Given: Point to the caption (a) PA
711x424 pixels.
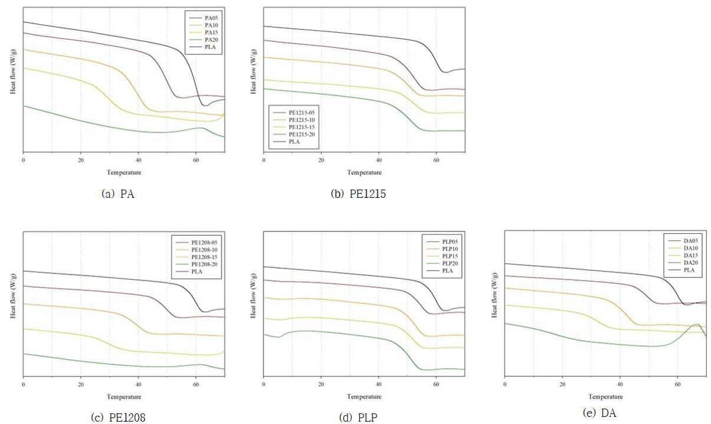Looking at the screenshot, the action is [x=118, y=194].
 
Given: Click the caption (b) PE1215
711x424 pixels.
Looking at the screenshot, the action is [x=358, y=194].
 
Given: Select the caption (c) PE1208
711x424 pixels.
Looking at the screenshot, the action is [x=118, y=418].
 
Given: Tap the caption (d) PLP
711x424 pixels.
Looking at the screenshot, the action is [x=358, y=418].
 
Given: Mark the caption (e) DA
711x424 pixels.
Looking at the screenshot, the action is [x=599, y=413].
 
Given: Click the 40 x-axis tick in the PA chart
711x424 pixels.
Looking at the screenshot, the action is [x=139, y=161].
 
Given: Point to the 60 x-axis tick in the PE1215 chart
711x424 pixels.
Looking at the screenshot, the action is [x=436, y=161].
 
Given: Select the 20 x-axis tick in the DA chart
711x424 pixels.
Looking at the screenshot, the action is [x=562, y=384].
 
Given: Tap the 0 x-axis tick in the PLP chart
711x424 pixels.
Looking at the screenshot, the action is [x=264, y=384].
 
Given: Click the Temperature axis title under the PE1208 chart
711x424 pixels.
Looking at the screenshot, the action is [x=124, y=397].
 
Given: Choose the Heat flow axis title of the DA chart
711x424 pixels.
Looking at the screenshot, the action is [x=494, y=295].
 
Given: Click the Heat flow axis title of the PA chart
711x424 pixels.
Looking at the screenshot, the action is [x=13, y=71].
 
